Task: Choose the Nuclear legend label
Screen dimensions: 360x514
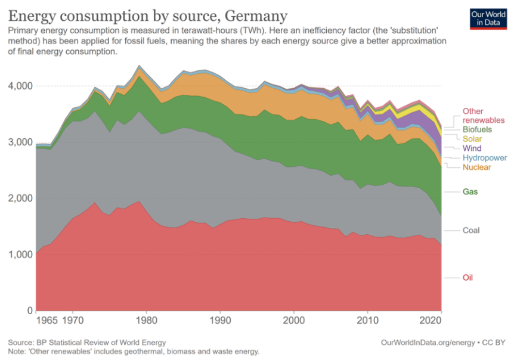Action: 476,167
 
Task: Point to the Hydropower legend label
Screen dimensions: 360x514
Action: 484,158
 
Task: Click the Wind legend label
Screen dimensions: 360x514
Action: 472,148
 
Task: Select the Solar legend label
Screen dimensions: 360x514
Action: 473,139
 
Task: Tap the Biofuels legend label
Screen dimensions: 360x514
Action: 476,129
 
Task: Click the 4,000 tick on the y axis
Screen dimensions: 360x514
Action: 19,86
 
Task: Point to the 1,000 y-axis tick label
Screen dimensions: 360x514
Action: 19,255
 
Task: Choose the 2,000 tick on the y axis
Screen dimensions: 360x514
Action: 19,198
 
